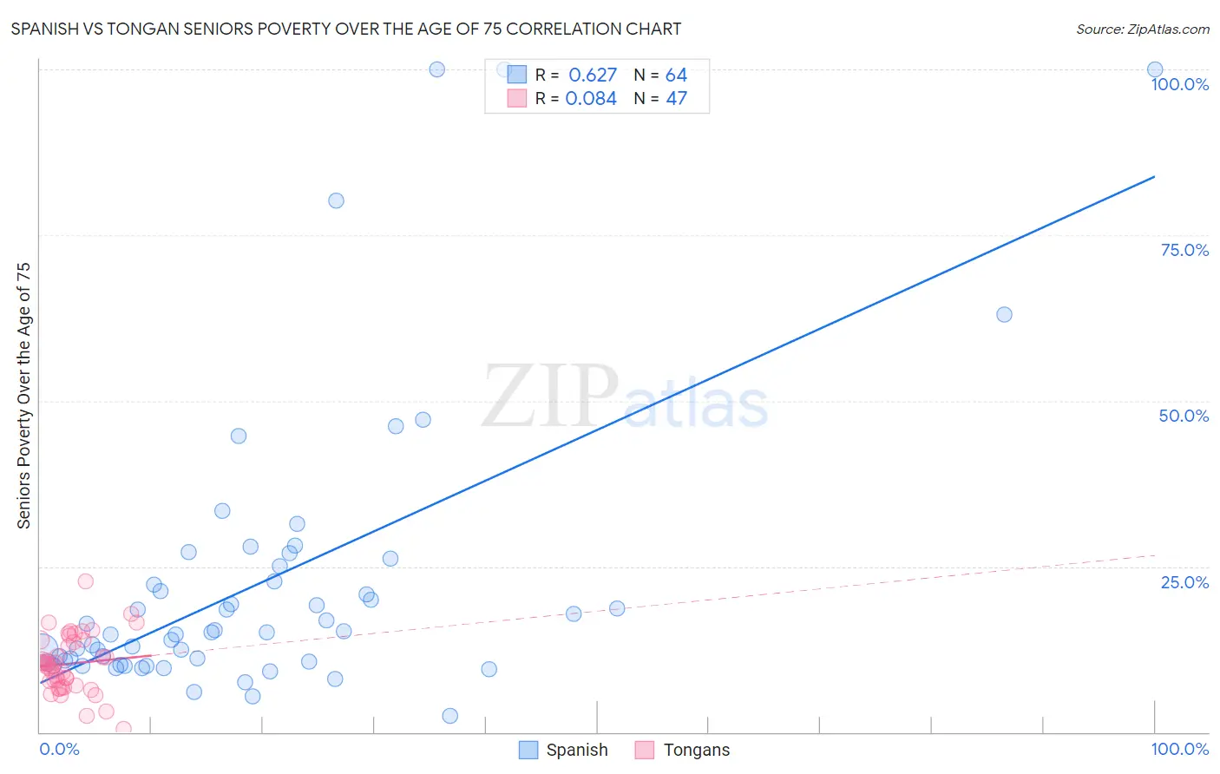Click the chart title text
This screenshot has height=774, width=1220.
point(345,29)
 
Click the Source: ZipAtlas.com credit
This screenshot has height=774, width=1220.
point(1142,29)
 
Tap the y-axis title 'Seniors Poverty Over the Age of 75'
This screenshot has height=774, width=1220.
point(23,396)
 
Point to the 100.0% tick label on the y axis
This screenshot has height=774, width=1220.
point(1179,84)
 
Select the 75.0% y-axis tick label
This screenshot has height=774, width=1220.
point(1184,250)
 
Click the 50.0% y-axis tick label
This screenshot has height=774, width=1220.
point(1184,416)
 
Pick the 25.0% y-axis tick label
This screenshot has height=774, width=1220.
point(1184,582)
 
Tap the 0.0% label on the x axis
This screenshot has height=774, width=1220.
point(59,749)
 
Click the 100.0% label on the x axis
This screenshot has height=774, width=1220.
point(1179,749)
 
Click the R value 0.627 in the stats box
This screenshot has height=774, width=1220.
point(593,75)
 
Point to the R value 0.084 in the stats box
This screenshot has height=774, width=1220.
point(591,99)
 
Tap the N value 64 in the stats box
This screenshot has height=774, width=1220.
point(676,75)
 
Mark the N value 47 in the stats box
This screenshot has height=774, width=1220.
point(676,99)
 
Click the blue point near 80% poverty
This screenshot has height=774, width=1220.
point(336,200)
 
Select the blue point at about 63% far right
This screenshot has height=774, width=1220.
point(1004,314)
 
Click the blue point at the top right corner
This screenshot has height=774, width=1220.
point(1155,69)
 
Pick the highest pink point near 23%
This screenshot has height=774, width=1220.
point(85,581)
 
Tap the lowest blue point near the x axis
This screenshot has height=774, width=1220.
point(449,716)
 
